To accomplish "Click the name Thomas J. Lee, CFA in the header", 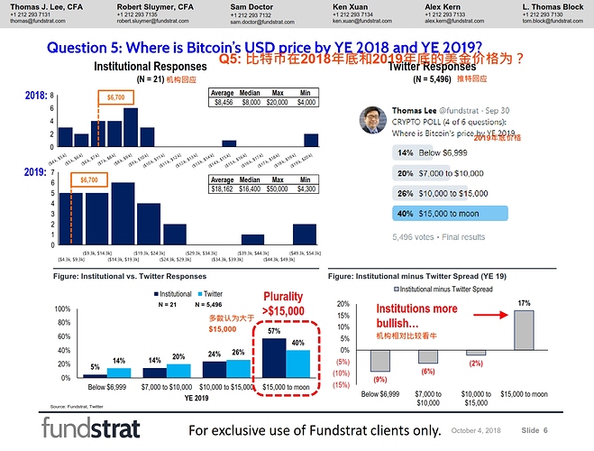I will pyautogui.click(x=44, y=5).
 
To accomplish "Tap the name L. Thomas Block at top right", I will pyautogui.click(x=552, y=5).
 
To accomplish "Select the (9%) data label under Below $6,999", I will pyautogui.click(x=379, y=379).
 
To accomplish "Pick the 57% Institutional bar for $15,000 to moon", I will pyautogui.click(x=274, y=358).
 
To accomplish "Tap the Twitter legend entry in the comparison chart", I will pyautogui.click(x=211, y=294).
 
